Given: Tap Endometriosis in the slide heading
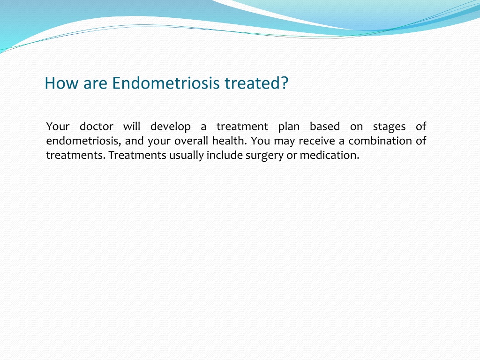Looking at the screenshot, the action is [166, 83].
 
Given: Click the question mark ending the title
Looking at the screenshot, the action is [284, 83].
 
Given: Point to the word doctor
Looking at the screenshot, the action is [97, 127].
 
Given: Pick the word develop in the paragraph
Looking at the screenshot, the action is [171, 127].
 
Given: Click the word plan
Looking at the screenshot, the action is [289, 127].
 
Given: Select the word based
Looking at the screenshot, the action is [325, 127].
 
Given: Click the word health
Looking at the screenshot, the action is [229, 141].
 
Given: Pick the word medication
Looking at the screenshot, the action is [330, 155].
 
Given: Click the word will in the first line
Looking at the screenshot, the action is [132, 127].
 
